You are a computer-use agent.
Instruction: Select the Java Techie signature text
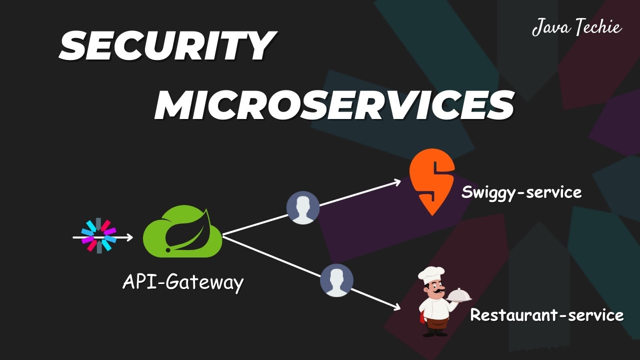click(576, 27)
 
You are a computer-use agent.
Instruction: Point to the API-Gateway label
click(183, 282)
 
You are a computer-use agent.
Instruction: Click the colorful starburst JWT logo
click(98, 235)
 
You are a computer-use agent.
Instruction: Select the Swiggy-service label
click(521, 192)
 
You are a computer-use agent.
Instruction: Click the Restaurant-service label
click(546, 315)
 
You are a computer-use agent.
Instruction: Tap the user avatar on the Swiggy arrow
click(302, 207)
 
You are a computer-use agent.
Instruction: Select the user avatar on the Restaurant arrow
click(336, 280)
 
